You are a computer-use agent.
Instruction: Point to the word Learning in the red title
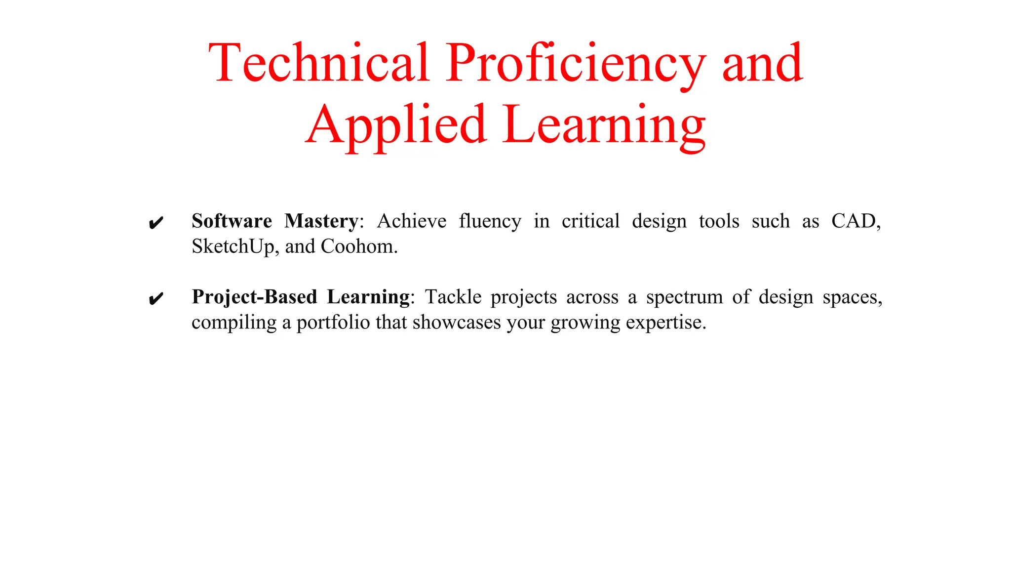(x=604, y=125)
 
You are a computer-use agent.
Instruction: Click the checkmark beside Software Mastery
(x=156, y=223)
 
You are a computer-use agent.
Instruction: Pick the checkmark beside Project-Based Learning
(x=156, y=299)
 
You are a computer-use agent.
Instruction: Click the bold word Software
(x=232, y=221)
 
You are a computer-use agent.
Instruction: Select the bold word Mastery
(x=321, y=221)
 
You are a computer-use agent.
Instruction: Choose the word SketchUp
(x=232, y=246)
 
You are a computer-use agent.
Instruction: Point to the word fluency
(x=490, y=221)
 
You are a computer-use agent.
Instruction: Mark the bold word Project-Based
(x=254, y=297)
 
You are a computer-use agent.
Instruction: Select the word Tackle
(x=453, y=297)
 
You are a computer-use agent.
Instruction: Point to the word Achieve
(x=412, y=221)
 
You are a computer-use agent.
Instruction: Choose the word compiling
(x=234, y=323)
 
